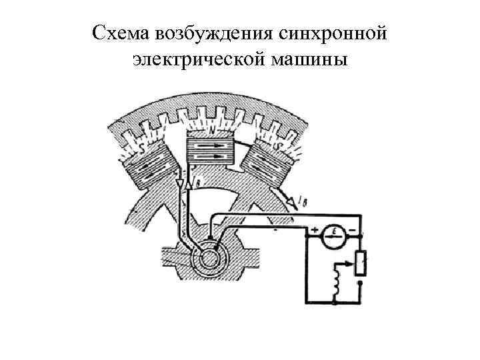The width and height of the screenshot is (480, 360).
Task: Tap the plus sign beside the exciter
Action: tap(313, 231)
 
